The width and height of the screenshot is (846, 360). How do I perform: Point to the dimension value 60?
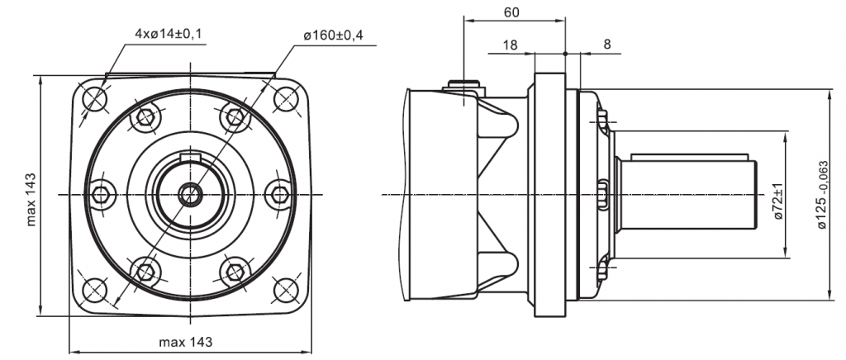point(512,12)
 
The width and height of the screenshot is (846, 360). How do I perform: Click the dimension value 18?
point(510,45)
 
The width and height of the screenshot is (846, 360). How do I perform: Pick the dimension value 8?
point(607,45)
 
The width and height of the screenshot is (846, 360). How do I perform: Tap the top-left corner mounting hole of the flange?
point(95,98)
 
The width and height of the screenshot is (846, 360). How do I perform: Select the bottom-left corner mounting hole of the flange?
point(95,289)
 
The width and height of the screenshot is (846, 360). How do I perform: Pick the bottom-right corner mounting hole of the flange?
point(286,289)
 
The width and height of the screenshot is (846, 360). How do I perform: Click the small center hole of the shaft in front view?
point(191,194)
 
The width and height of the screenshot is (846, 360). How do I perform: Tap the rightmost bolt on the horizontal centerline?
point(280,194)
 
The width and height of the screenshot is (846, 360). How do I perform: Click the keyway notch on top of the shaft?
point(191,157)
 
